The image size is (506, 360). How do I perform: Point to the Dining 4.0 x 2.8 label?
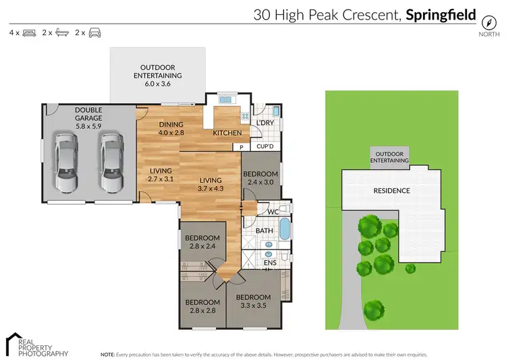171,129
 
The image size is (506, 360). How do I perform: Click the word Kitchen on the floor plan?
227,133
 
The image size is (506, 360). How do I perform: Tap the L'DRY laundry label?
264,122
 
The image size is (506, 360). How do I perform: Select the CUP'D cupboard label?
264,146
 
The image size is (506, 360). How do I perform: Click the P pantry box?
237,146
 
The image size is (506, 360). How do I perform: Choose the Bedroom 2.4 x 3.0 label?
260,177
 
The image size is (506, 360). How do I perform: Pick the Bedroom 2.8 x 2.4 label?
203,242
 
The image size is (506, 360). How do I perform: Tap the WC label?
273,212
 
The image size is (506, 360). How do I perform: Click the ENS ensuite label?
269,263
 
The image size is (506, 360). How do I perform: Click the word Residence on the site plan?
392,191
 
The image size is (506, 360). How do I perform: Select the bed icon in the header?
29,32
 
